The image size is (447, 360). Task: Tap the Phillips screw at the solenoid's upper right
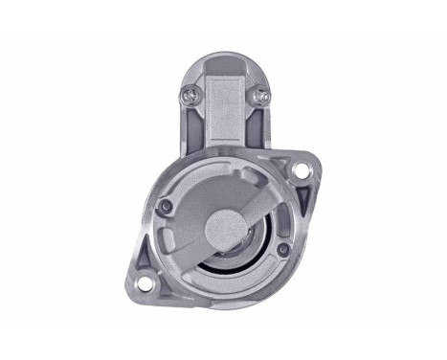tap(259, 95)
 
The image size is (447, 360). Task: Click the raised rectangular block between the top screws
tap(223, 105)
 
